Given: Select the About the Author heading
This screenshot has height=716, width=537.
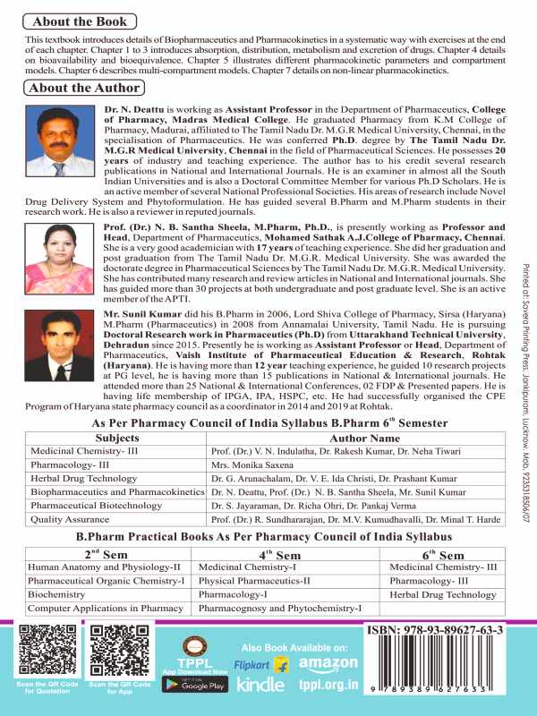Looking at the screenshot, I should pyautogui.click(x=84, y=88).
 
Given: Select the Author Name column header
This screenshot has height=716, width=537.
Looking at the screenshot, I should pyautogui.click(x=366, y=439).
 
